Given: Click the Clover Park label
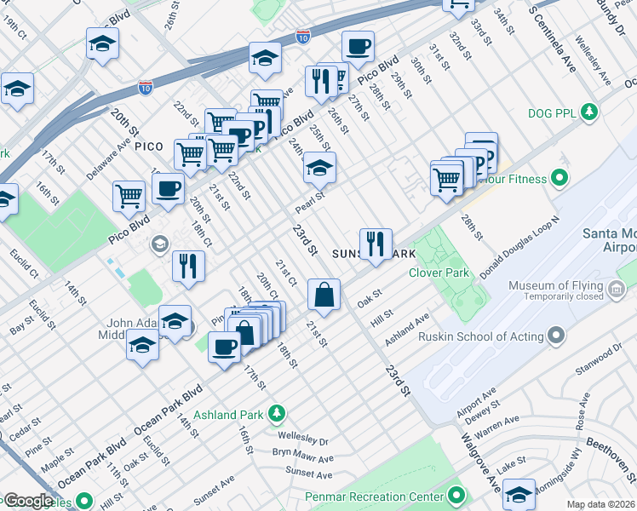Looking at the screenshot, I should coord(439,273).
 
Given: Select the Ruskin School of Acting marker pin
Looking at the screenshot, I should coord(556,336).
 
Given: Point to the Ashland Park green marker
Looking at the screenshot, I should coord(276,415).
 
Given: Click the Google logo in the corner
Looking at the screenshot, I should coord(27,501).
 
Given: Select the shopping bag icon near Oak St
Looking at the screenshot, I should coord(324,296).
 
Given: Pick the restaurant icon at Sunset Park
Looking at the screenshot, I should coord(375,244).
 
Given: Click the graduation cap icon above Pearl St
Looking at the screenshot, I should coord(320,169).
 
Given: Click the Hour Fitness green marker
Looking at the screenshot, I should coord(560,179).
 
